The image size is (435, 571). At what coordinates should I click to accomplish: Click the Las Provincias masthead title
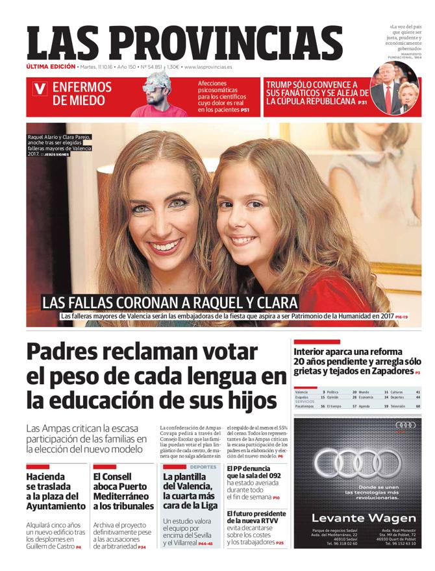click(185, 43)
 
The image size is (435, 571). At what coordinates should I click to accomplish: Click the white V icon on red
click(40, 89)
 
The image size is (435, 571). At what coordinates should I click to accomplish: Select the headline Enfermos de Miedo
click(82, 94)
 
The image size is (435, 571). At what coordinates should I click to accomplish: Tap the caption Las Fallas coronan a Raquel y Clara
click(169, 302)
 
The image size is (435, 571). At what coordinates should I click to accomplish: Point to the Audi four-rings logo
click(358, 463)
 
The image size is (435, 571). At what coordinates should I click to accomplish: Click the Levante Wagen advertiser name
click(364, 518)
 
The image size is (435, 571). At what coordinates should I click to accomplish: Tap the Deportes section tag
click(204, 467)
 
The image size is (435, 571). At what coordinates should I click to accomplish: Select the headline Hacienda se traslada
click(55, 491)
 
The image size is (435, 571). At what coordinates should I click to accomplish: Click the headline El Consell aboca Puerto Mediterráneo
click(123, 491)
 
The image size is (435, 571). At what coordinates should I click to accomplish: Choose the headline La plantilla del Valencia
click(188, 491)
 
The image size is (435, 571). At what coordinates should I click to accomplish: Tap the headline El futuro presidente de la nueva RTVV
click(255, 517)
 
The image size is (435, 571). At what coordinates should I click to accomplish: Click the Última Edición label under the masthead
click(51, 67)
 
